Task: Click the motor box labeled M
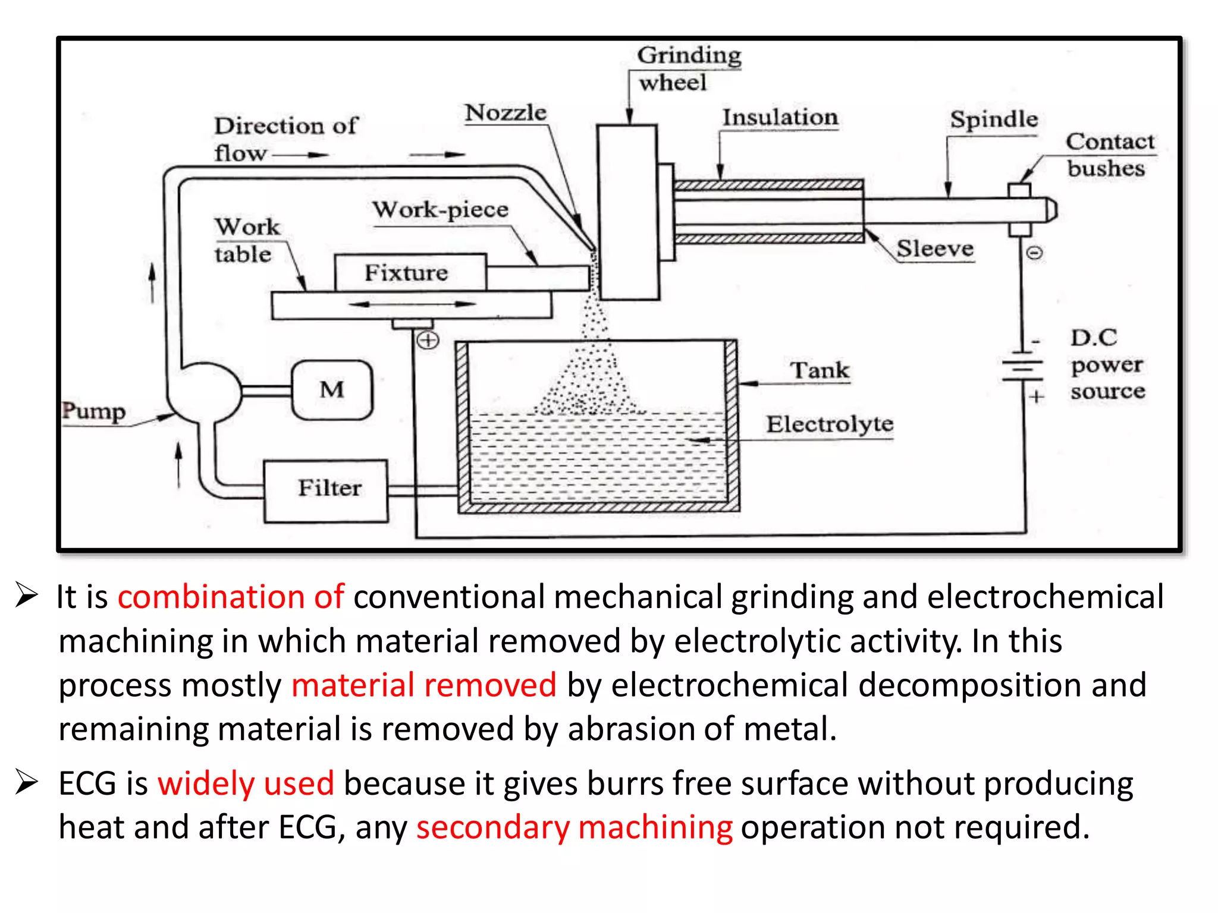(x=332, y=390)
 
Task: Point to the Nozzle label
(x=506, y=113)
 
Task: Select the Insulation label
(x=780, y=117)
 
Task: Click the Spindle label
(x=993, y=119)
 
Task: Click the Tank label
(x=820, y=370)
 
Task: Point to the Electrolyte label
(x=830, y=424)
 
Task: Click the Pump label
(x=94, y=411)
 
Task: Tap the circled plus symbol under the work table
(x=428, y=341)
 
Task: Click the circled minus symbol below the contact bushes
(x=1035, y=253)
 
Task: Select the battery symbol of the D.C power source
(x=1022, y=370)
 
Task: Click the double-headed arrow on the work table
(x=412, y=304)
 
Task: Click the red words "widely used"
(x=246, y=783)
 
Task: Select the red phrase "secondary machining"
(x=575, y=827)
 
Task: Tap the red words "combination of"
(x=231, y=597)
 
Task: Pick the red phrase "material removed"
(x=424, y=685)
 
